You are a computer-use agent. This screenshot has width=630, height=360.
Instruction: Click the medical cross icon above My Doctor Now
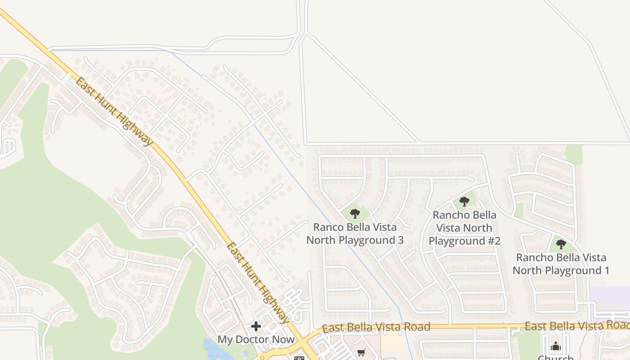[256, 326]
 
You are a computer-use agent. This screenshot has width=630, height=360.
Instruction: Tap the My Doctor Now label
[256, 339]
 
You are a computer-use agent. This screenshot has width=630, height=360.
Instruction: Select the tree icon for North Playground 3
[355, 213]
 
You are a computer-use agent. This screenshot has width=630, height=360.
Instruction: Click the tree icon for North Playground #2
[464, 202]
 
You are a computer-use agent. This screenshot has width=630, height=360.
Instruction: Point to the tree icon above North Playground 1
[561, 244]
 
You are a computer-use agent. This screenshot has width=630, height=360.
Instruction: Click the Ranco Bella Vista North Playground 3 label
[355, 234]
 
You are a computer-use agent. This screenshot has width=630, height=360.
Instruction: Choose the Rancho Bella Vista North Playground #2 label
[464, 228]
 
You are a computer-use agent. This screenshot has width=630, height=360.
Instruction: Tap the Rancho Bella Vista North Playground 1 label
[561, 264]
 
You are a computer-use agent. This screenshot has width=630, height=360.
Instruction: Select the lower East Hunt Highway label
[258, 283]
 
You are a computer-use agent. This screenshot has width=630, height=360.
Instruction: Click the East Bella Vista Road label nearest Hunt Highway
[376, 327]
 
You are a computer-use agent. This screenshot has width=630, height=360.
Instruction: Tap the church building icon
[556, 346]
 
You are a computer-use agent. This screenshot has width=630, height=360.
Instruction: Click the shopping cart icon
[361, 353]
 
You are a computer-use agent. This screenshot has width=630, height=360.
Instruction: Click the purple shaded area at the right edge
[610, 297]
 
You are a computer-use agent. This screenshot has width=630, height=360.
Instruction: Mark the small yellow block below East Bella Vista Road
[392, 342]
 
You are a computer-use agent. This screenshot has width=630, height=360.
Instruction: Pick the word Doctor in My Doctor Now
[256, 339]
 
